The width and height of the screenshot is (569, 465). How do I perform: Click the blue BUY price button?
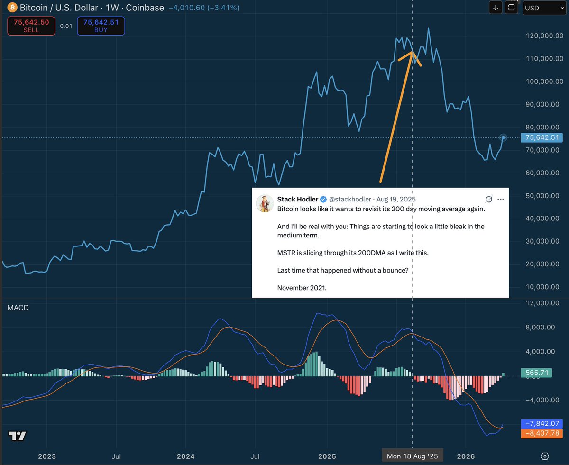tap(101, 26)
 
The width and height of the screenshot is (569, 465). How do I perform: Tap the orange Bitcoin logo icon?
tap(9, 8)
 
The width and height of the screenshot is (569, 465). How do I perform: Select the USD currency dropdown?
tap(544, 8)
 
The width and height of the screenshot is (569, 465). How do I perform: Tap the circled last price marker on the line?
tap(504, 138)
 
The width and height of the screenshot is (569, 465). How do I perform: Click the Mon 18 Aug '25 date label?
tap(412, 456)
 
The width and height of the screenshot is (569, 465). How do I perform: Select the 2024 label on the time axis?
tap(185, 456)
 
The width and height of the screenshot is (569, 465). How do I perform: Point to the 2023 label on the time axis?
tap(47, 456)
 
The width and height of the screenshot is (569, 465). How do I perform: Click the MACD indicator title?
tap(18, 308)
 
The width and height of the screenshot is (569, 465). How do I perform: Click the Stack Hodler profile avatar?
tap(265, 203)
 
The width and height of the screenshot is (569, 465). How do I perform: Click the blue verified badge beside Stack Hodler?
tap(323, 199)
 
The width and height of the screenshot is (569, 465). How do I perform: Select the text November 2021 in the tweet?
tap(302, 288)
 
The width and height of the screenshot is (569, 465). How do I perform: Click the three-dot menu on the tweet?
tap(501, 199)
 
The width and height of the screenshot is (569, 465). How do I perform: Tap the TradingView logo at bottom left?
tap(18, 436)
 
